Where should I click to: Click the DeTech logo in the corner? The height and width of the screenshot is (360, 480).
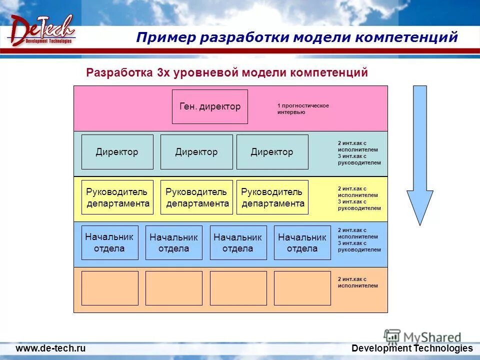click(41, 31)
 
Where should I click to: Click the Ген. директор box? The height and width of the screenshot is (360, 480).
click(210, 106)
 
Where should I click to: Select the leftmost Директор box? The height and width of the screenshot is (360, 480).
click(117, 152)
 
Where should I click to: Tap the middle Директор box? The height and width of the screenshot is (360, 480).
click(196, 152)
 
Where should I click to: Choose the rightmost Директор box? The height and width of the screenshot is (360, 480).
click(272, 152)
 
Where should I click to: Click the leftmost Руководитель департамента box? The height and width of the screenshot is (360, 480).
click(117, 197)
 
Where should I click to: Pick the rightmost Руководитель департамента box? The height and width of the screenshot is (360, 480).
click(272, 197)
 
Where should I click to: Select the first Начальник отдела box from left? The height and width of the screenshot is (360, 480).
click(109, 242)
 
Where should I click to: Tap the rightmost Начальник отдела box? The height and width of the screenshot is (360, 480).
click(302, 242)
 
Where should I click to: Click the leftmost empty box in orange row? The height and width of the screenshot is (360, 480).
click(109, 288)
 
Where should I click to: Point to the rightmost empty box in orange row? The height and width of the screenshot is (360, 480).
click(302, 288)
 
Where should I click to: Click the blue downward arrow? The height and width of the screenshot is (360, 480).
click(419, 155)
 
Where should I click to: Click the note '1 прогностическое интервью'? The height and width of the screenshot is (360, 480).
click(303, 109)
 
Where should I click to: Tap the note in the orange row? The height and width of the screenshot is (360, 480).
click(357, 282)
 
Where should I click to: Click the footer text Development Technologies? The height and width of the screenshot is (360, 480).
click(412, 348)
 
